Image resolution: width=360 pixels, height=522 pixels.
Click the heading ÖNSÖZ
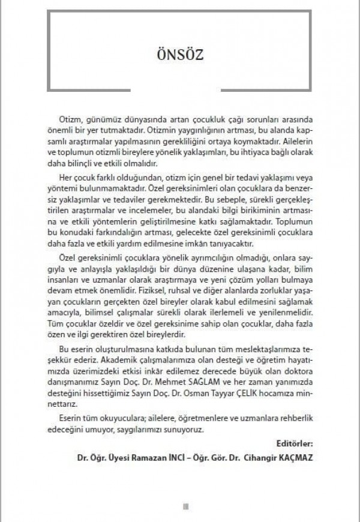point(179,55)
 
